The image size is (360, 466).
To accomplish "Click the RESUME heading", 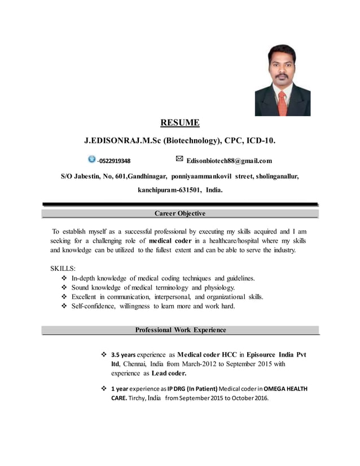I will click(x=180, y=122).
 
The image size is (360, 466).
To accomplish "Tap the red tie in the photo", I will click(x=282, y=102).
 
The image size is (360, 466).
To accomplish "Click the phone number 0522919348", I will click(x=115, y=161).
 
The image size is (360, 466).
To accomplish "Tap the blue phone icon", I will click(x=92, y=160).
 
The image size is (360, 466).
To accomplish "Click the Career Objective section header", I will click(x=180, y=213).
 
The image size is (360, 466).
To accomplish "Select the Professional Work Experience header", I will click(x=180, y=330).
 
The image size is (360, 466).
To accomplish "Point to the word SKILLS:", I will click(x=63, y=268).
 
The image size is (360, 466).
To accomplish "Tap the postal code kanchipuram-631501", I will click(x=170, y=191).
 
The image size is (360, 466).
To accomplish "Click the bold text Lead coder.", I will click(x=169, y=373).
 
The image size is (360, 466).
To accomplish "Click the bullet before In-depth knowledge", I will click(x=63, y=279).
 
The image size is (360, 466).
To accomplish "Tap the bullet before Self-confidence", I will click(x=63, y=306).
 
